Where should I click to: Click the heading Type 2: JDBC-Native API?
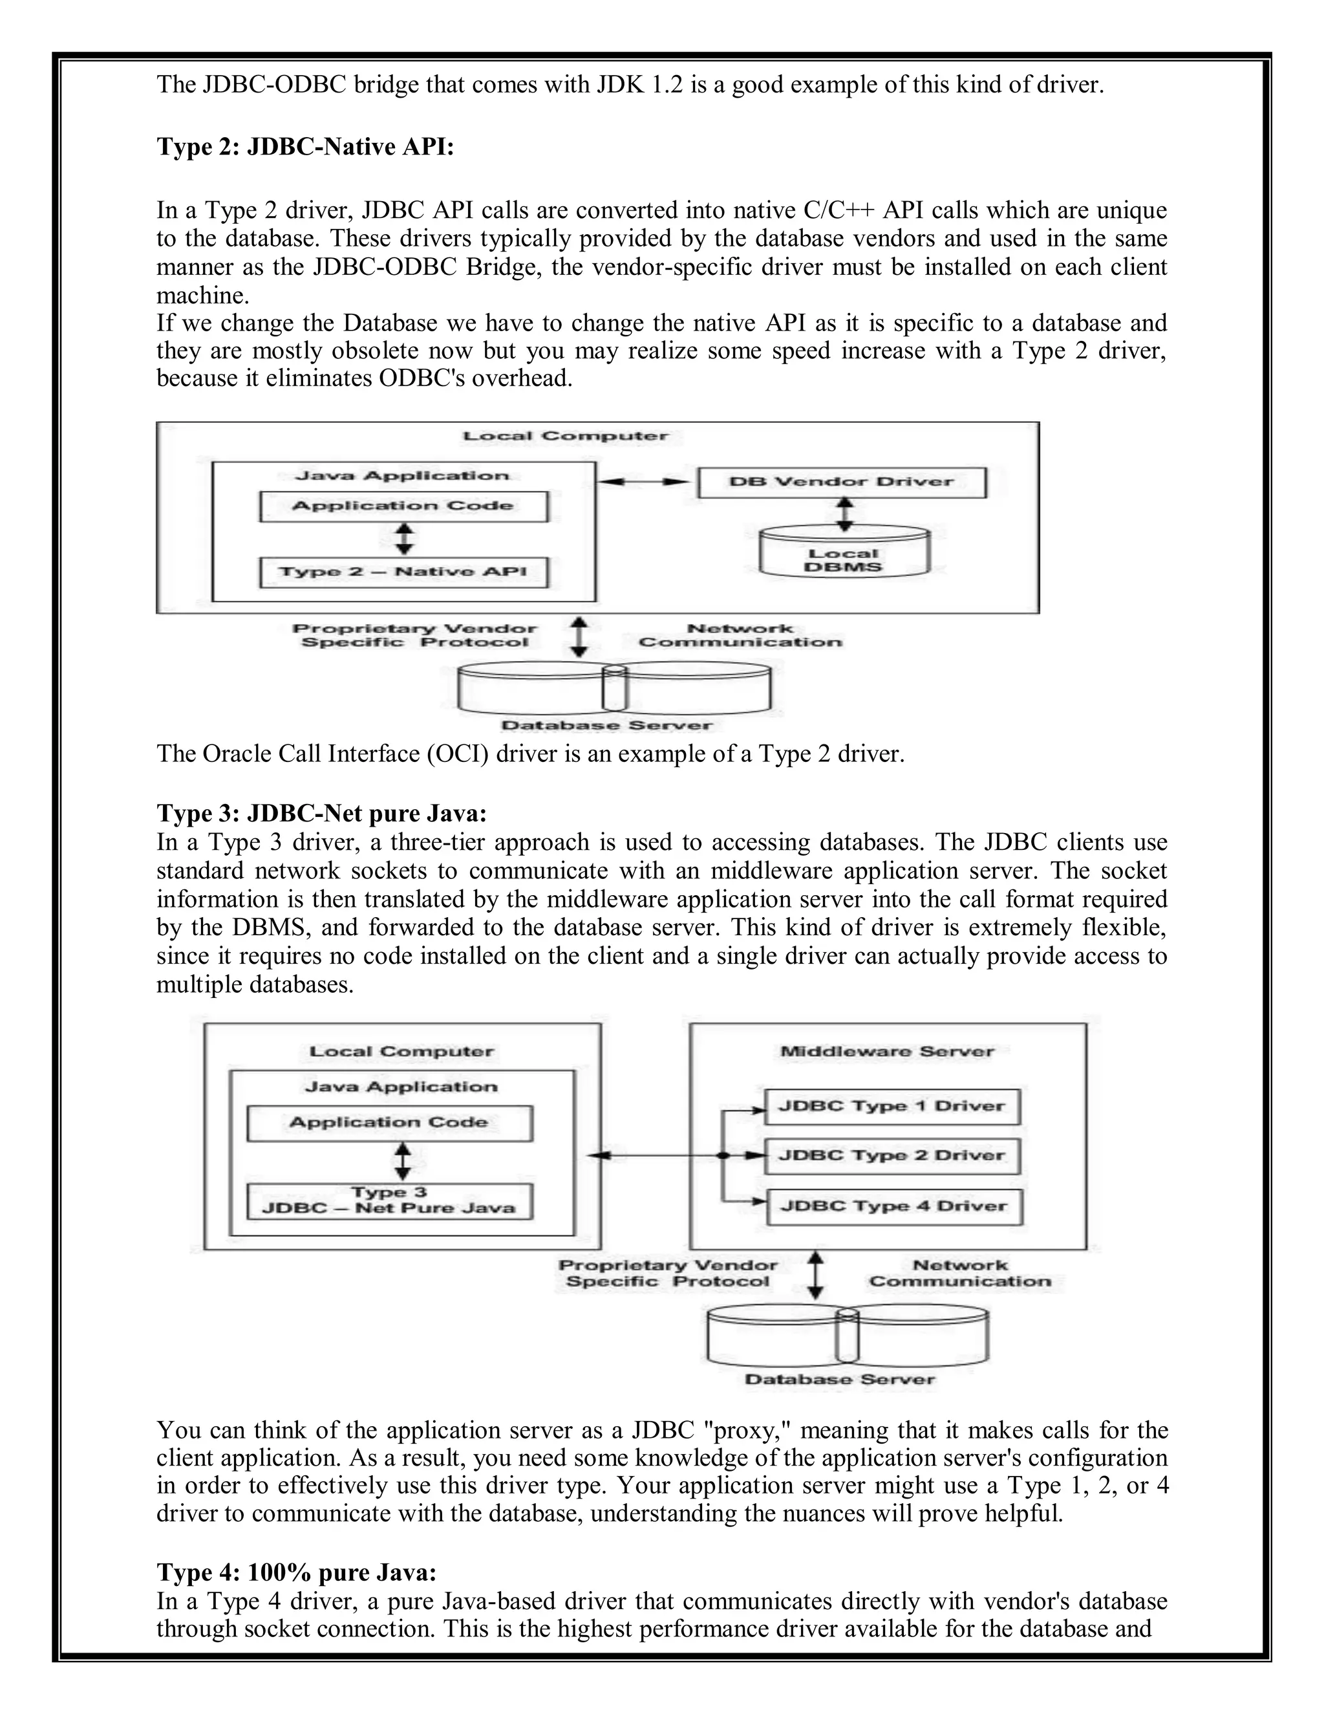[305, 147]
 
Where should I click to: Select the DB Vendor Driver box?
[842, 482]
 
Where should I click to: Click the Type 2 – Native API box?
[403, 572]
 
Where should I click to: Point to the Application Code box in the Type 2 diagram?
[403, 506]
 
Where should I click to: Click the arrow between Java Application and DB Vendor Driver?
[646, 482]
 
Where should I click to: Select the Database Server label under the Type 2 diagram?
[606, 725]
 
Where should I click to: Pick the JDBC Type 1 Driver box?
[892, 1107]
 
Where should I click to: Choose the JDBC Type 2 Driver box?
[892, 1155]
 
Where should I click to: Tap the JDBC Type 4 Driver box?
[893, 1206]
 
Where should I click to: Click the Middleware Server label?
[887, 1052]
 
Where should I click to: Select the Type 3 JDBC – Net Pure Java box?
[389, 1200]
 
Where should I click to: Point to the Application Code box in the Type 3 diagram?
[389, 1122]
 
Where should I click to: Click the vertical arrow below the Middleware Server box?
[816, 1275]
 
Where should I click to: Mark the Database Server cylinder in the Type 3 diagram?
[847, 1336]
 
